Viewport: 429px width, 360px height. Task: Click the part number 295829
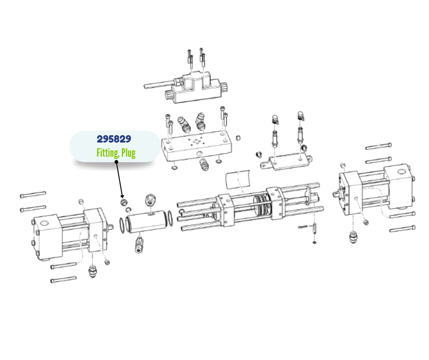coord(114,139)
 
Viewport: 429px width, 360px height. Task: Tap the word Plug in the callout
coord(128,153)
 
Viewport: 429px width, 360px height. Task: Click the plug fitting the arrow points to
coord(123,202)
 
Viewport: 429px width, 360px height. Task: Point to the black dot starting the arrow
coord(116,162)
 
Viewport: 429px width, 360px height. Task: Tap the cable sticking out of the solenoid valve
coord(159,85)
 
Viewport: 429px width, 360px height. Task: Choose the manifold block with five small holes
coord(196,148)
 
